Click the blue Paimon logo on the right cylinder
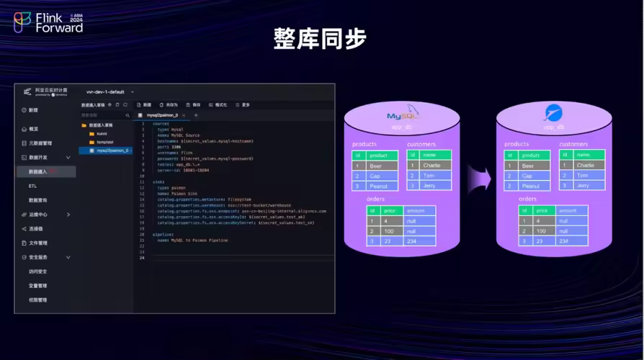[553, 112]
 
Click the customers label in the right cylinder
[573, 144]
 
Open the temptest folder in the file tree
[105, 142]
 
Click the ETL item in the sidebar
[33, 186]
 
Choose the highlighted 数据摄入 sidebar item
[38, 171]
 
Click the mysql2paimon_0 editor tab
[161, 114]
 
